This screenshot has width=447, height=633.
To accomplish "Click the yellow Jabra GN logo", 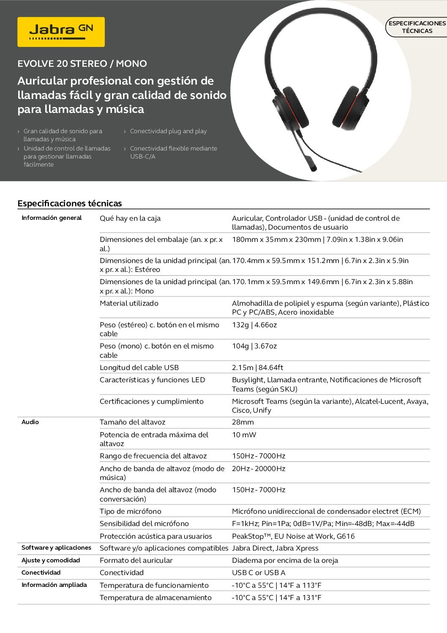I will coord(61,32).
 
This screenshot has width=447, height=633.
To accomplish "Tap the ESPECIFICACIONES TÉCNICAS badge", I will coord(417,27).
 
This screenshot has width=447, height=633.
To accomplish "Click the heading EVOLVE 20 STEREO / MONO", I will coord(82,64).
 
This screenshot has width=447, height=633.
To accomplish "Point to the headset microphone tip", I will coord(313,168).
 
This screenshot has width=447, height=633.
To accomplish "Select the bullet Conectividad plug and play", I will coord(168,131).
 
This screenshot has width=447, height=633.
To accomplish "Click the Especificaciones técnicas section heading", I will coord(70,203).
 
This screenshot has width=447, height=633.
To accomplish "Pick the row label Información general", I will coord(52,218).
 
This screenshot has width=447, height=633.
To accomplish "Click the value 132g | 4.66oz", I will coord(254,325).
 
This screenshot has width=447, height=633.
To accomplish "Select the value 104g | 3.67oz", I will coord(254,346).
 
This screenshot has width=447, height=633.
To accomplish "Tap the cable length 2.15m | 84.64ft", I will coord(257,367).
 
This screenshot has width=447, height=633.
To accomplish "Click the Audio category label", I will coord(30,422).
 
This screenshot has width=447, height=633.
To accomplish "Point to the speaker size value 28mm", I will coord(243,422).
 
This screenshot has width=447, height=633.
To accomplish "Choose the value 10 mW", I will coord(244,435).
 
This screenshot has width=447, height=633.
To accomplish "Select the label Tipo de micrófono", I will coord(131,511).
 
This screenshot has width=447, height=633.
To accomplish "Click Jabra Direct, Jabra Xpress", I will coord(275,548).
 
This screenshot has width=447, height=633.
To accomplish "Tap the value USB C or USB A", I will coord(259,573).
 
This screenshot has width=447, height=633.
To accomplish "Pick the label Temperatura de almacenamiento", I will coord(155,597).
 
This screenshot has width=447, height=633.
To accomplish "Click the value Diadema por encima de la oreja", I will coord(285,560).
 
